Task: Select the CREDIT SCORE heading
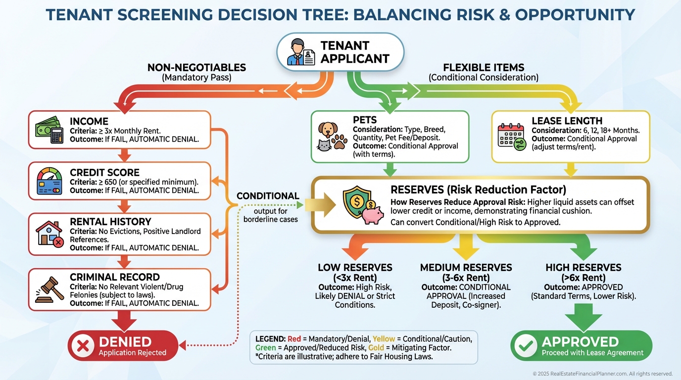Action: click(x=104, y=173)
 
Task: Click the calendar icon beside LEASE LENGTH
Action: click(x=511, y=136)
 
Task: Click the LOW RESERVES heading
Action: click(x=355, y=268)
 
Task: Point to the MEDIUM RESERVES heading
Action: click(x=466, y=268)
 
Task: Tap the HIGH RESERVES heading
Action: click(x=583, y=268)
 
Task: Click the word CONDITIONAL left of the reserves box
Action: click(x=268, y=196)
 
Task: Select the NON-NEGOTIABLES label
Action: click(x=196, y=68)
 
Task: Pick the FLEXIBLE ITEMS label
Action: click(x=484, y=68)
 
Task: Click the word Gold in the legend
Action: click(x=376, y=348)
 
